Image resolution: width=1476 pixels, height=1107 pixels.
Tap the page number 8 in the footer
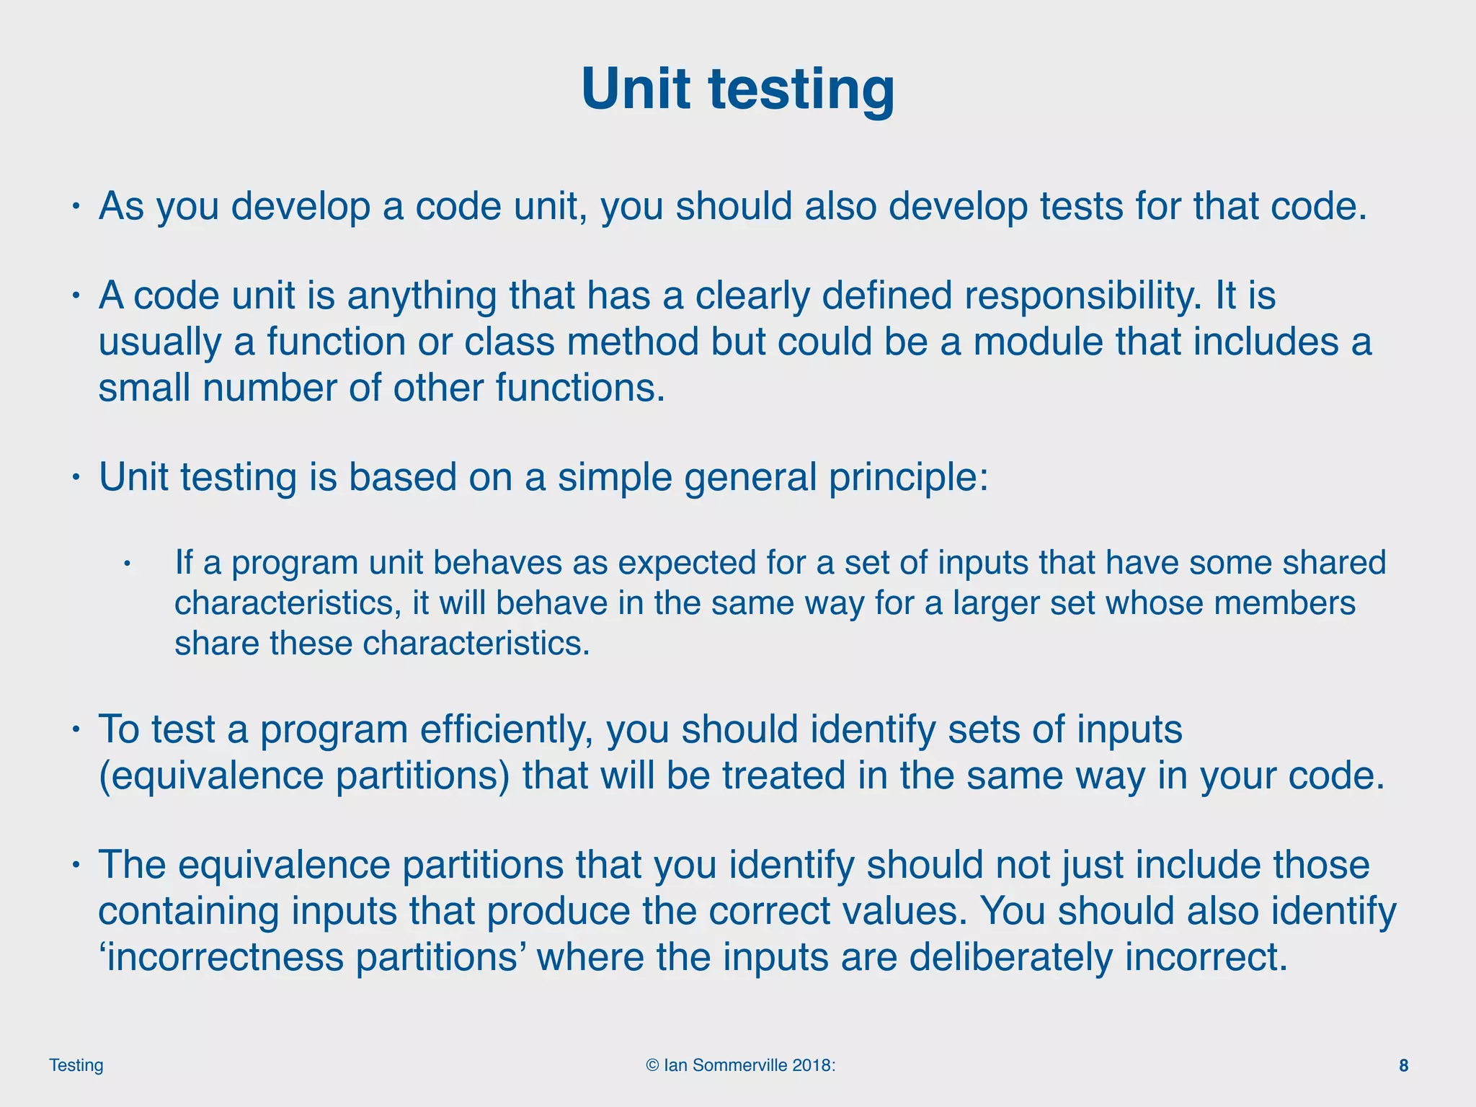point(1403,1065)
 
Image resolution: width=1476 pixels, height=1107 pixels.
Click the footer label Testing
point(76,1065)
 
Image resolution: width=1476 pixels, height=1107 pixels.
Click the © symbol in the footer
point(652,1065)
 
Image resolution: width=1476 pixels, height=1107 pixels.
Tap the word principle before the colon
point(903,478)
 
